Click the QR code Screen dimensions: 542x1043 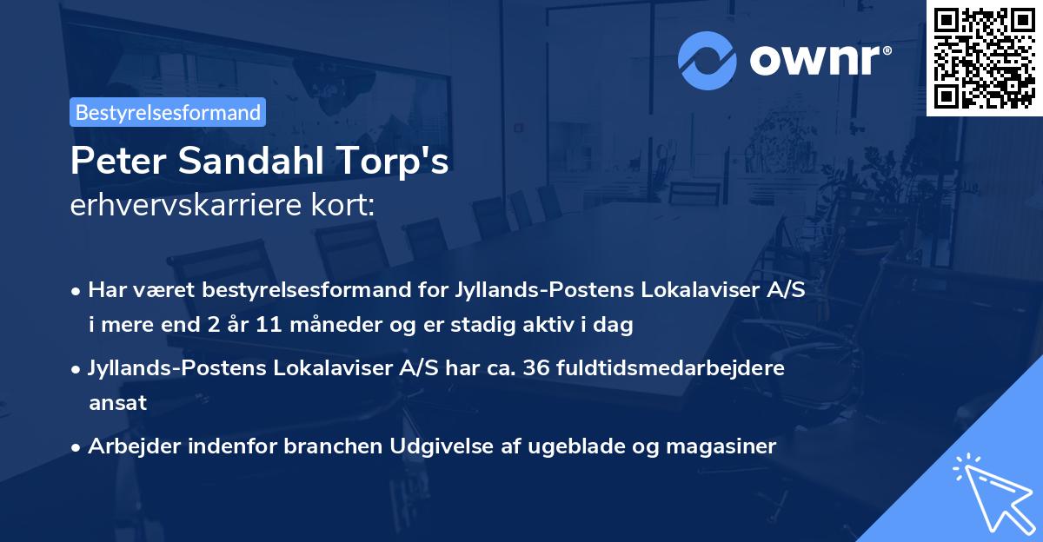[984, 57]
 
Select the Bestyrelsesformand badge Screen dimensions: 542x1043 [168, 112]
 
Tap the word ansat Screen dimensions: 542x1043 [117, 403]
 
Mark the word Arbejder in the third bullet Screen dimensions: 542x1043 [132, 446]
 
